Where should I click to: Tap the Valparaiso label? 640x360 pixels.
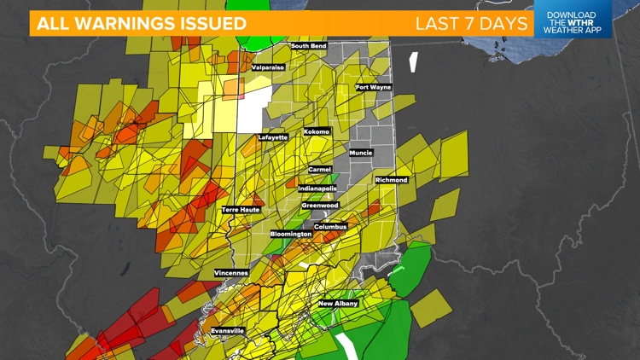(x=268, y=67)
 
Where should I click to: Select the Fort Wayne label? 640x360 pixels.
(x=374, y=87)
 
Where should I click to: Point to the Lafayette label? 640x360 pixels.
(x=274, y=136)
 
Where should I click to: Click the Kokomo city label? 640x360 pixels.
(x=317, y=132)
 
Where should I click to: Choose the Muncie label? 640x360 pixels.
(x=361, y=153)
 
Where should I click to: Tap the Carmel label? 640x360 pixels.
(x=320, y=170)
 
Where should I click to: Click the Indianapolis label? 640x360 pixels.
(x=317, y=188)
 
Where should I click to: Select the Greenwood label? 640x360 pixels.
(x=320, y=206)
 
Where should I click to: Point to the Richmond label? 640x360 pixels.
(x=392, y=180)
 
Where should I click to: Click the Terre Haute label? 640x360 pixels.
(x=241, y=209)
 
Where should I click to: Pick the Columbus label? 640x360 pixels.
(x=330, y=227)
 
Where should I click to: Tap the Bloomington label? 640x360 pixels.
(x=291, y=234)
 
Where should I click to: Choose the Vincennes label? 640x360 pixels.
(x=231, y=273)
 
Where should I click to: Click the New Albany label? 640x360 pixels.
(x=339, y=304)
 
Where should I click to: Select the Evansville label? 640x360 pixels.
(x=228, y=330)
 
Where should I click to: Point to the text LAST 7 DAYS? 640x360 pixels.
(x=472, y=23)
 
